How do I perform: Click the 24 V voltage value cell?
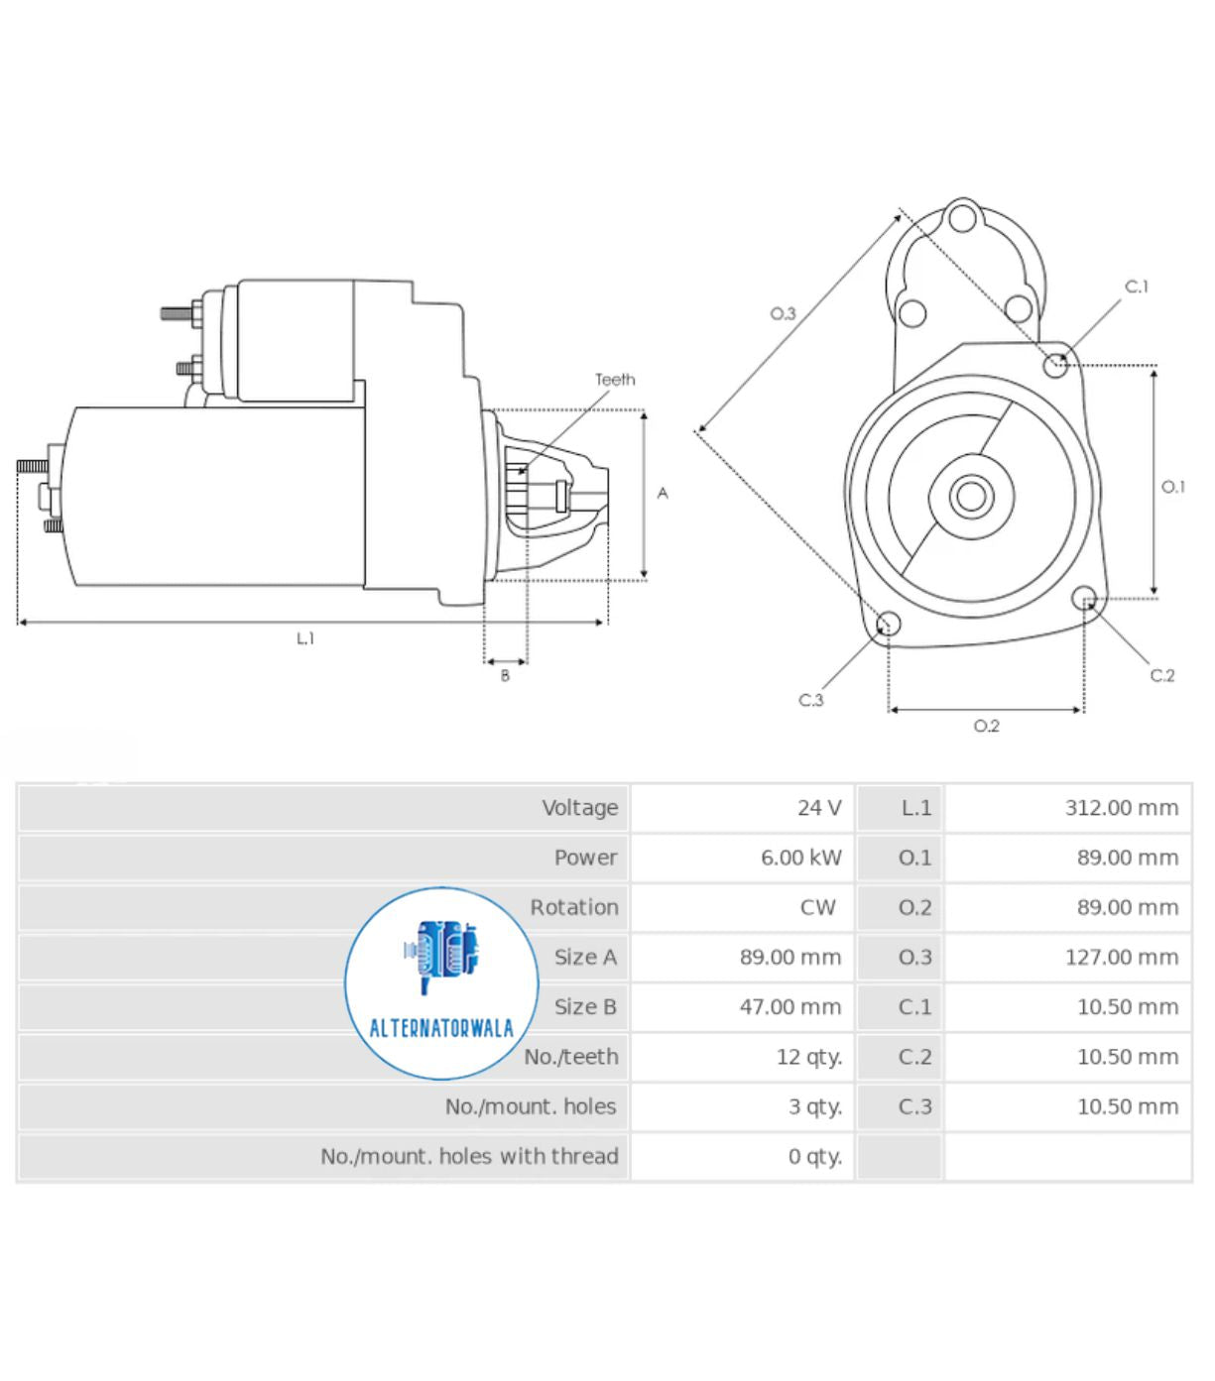point(818,808)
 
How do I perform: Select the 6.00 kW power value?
point(800,858)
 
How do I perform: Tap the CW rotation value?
point(817,907)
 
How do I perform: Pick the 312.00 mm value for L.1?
point(1121,808)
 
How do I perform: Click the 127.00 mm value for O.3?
point(1121,958)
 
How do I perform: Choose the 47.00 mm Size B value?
point(790,1007)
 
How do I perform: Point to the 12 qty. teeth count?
point(808,1057)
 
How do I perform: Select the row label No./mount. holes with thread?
point(469,1156)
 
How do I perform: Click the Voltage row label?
point(579,808)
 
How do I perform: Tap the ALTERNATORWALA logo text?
point(441,1028)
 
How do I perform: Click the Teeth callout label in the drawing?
point(615,380)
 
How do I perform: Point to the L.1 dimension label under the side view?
point(305,639)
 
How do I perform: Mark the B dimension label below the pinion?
point(505,676)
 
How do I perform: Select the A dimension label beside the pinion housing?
point(663,493)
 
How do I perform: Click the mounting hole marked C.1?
point(1055,366)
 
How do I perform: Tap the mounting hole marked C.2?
point(1084,598)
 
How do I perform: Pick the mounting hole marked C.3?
point(889,624)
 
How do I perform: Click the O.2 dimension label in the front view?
point(986,727)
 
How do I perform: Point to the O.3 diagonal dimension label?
point(783,314)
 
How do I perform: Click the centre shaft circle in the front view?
point(971,496)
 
